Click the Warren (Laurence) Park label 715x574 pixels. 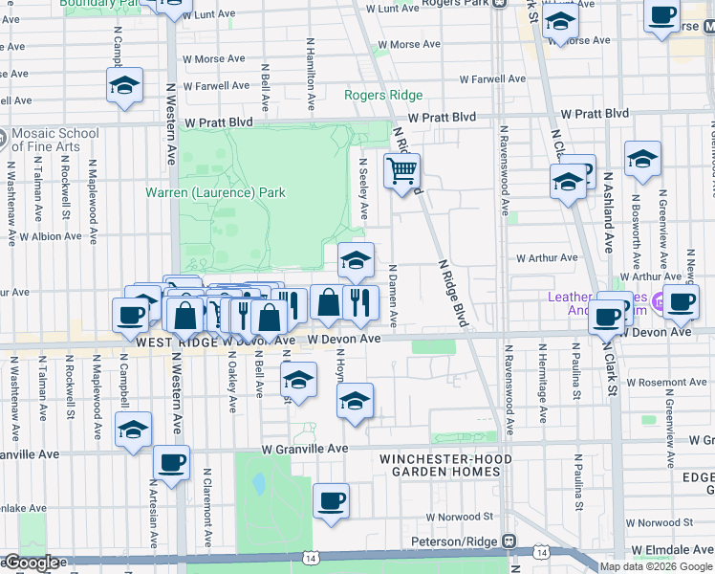215,192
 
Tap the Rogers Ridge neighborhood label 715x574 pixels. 383,95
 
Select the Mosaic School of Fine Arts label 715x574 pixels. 54,140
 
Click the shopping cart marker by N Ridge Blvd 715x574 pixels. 402,173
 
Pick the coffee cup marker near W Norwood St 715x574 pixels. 331,501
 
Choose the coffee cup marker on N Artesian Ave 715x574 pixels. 171,464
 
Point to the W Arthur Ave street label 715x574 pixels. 547,257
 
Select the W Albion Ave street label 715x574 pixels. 52,235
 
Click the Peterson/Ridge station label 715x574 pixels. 458,541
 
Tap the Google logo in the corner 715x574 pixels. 32,563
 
